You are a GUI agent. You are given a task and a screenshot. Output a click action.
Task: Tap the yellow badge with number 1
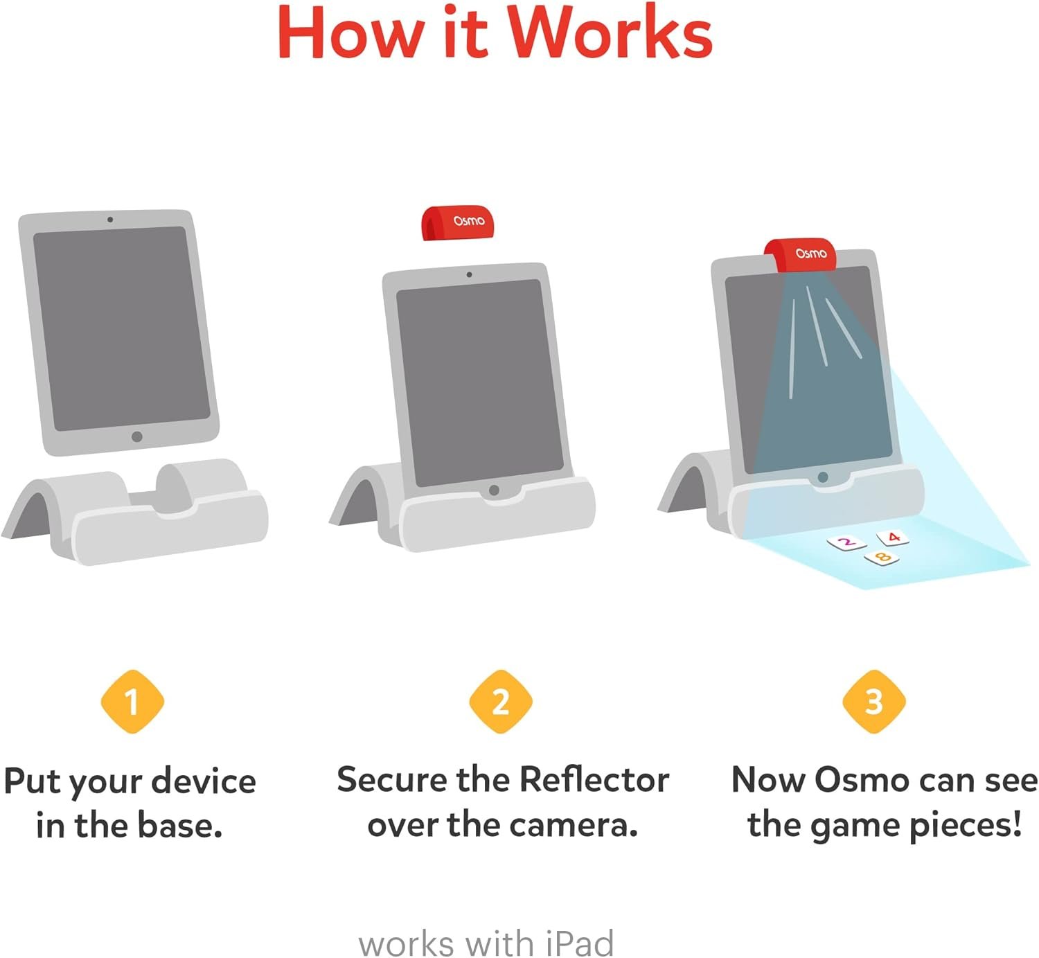tap(132, 702)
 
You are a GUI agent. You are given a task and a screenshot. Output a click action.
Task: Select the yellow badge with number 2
tap(500, 702)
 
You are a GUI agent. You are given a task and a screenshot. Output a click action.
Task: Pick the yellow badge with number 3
tap(873, 702)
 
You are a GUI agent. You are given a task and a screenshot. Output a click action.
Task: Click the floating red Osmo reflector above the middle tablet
tap(458, 223)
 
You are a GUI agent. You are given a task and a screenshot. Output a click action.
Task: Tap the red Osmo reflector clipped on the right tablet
tap(801, 255)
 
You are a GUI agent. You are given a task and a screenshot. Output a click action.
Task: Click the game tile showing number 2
tap(846, 542)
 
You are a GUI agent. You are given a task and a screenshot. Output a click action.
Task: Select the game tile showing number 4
tap(893, 538)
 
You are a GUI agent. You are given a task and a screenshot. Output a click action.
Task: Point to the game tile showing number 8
tap(882, 557)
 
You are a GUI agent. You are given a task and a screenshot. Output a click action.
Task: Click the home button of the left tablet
tap(137, 436)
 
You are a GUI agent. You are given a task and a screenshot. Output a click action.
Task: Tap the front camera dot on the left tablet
tap(110, 220)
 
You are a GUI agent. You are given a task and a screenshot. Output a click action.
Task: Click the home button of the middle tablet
tap(494, 490)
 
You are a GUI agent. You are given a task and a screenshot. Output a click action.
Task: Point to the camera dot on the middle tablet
tap(470, 275)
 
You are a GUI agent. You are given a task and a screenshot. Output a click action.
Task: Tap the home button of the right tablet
tap(823, 477)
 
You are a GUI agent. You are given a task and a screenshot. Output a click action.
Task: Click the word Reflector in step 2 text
tap(594, 780)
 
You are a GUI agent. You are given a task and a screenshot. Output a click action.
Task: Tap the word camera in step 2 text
tap(580, 825)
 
